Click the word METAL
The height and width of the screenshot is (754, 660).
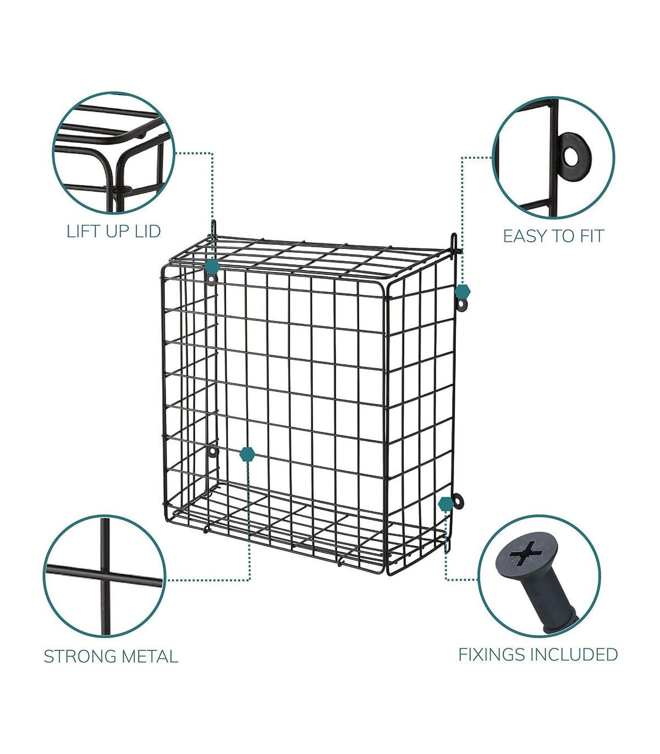pos(150,656)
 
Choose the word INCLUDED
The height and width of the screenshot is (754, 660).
pos(574,654)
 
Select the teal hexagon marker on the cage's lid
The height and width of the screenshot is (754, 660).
pos(212,265)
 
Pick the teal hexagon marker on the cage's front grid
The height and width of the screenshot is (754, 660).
pos(247,454)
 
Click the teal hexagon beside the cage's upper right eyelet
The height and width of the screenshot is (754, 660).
pos(463,291)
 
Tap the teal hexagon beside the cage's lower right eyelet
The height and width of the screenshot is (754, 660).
pos(446,503)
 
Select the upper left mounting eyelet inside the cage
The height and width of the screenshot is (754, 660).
pos(211,279)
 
